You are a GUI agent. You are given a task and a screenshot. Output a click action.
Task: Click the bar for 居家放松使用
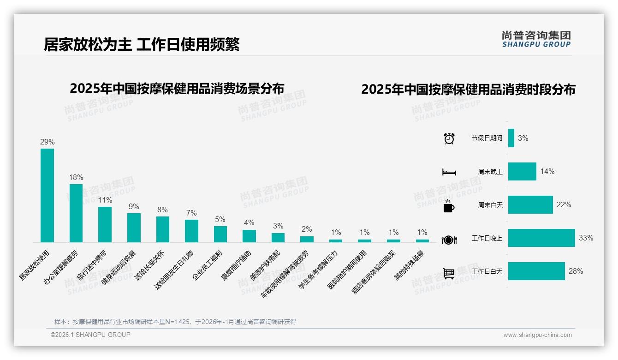(x=47, y=195)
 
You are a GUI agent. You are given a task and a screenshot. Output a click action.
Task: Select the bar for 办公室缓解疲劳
(x=76, y=213)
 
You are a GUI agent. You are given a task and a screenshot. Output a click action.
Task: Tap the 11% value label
(x=105, y=200)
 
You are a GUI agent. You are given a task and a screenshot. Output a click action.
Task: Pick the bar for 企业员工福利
(x=220, y=234)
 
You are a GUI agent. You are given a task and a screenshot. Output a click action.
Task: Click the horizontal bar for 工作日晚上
(x=541, y=238)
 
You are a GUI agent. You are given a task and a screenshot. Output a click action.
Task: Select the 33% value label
(x=586, y=238)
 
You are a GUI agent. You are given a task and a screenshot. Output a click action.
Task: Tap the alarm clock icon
(x=449, y=138)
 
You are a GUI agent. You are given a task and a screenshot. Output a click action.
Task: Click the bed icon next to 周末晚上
(x=449, y=172)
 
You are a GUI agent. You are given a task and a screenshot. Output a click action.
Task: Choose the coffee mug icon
(x=449, y=205)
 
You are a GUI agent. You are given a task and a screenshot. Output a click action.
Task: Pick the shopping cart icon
(x=449, y=273)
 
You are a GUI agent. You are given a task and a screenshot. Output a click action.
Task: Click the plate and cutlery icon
(x=449, y=240)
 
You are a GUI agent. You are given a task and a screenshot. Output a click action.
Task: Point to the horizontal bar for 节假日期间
(x=511, y=138)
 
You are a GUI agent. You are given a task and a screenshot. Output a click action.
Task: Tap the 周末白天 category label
(x=490, y=205)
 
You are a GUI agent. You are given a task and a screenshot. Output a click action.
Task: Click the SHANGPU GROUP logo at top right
(x=536, y=39)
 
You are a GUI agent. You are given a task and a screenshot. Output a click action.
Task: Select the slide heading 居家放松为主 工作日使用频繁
(x=142, y=44)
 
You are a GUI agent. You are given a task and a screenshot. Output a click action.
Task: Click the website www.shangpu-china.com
(x=537, y=335)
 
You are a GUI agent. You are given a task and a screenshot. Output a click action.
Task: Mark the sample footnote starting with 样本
(x=175, y=322)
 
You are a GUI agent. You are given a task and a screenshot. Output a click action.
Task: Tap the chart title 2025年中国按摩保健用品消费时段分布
(x=468, y=90)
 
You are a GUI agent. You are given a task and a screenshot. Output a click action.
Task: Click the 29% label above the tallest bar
(x=47, y=142)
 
